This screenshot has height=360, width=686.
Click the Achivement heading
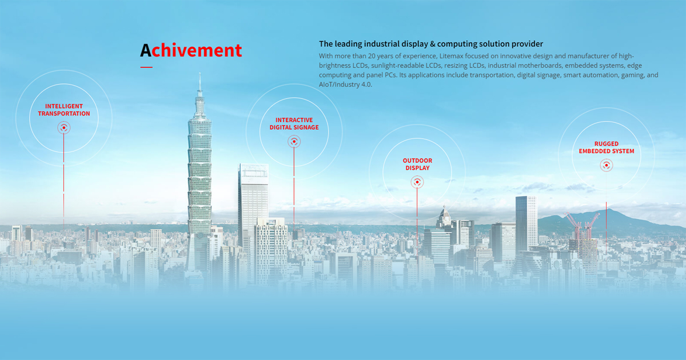[191, 50]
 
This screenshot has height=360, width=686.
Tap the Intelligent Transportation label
[64, 110]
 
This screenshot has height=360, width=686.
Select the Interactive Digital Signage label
[294, 123]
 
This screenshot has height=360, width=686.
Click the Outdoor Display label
[417, 165]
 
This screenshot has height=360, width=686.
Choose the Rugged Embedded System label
[606, 147]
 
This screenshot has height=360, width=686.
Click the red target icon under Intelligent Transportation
[64, 129]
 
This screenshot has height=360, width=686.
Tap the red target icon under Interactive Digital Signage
[294, 141]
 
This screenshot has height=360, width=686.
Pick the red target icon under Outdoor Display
[417, 182]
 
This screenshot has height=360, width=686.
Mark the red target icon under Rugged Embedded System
[606, 166]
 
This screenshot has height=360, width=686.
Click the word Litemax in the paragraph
[453, 56]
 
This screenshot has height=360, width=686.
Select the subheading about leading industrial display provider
[430, 43]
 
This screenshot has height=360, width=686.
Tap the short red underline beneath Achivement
[146, 67]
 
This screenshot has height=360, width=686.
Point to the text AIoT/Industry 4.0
[345, 85]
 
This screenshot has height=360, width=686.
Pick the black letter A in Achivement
[146, 50]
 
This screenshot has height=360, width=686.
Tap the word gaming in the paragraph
[629, 75]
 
